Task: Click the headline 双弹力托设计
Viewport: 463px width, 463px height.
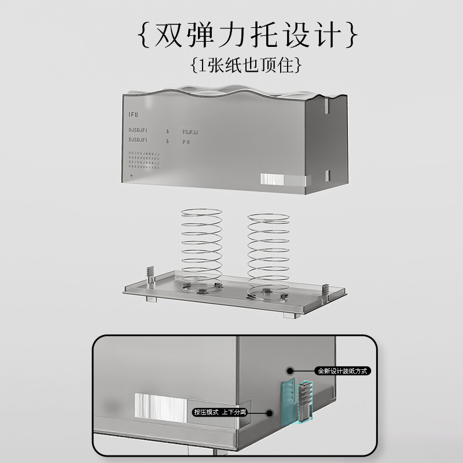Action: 247,36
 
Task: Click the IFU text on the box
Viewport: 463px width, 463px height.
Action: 134,115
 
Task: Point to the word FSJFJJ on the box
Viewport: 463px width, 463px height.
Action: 190,131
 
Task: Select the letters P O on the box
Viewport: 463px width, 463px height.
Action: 186,141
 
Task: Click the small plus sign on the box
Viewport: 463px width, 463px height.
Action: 132,175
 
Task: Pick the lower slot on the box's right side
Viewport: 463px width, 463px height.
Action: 327,174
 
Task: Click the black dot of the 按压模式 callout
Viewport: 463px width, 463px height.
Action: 269,413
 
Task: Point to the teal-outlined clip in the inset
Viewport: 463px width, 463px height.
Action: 304,400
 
